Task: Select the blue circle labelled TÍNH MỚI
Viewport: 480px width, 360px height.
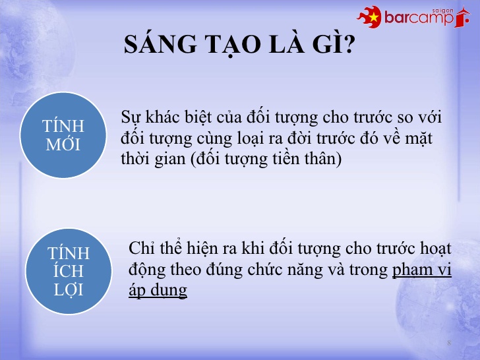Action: [x=63, y=136]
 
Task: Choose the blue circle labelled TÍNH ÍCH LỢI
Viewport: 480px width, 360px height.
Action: [x=68, y=271]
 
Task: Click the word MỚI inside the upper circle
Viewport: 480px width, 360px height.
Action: [x=63, y=145]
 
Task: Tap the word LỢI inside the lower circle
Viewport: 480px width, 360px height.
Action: [x=69, y=289]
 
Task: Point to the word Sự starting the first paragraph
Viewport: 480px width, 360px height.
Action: [x=131, y=118]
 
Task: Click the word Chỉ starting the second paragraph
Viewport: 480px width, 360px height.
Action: [x=141, y=249]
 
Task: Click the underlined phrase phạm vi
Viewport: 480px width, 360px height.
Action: [x=421, y=270]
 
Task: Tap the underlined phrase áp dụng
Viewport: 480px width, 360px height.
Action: [x=158, y=291]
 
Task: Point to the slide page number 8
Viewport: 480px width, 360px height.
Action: [x=449, y=344]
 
